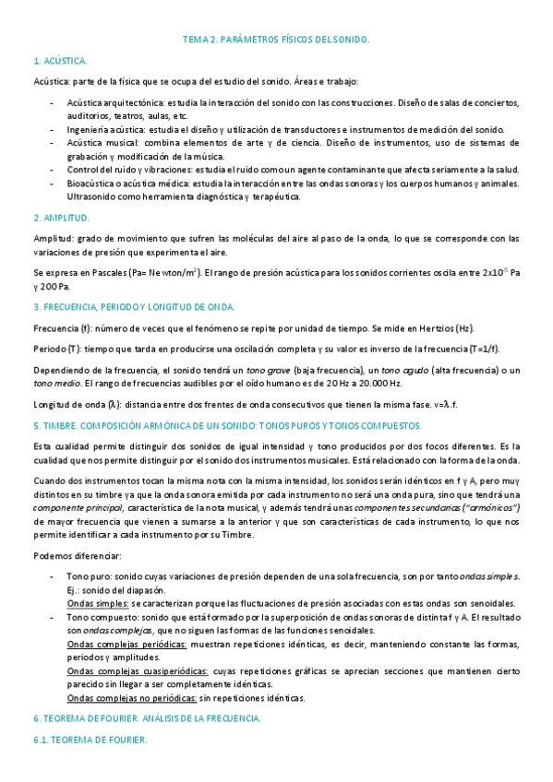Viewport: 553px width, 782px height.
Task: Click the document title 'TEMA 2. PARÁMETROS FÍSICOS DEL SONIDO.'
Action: pyautogui.click(x=275, y=41)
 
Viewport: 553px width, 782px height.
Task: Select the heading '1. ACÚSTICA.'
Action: pyautogui.click(x=60, y=61)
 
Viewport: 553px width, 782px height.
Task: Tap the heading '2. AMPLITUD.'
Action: pyautogui.click(x=61, y=218)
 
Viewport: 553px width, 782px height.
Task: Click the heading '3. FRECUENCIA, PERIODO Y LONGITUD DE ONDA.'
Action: pyautogui.click(x=134, y=307)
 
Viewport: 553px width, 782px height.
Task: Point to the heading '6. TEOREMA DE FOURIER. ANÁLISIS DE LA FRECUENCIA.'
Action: pyautogui.click(x=147, y=717)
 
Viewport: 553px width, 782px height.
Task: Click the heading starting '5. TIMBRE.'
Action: pyautogui.click(x=226, y=425)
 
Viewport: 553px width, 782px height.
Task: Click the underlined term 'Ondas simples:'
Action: pyautogui.click(x=97, y=603)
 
